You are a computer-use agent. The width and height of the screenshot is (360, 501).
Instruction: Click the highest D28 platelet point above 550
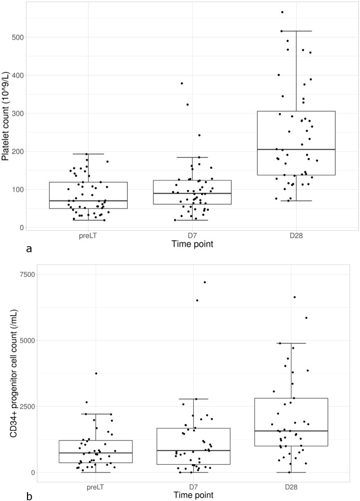(297, 12)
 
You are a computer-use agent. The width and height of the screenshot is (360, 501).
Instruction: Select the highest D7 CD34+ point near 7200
(205, 282)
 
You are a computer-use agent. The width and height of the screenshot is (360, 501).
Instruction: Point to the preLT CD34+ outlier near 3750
(96, 373)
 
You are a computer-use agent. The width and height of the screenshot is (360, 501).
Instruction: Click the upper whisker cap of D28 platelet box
(296, 31)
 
